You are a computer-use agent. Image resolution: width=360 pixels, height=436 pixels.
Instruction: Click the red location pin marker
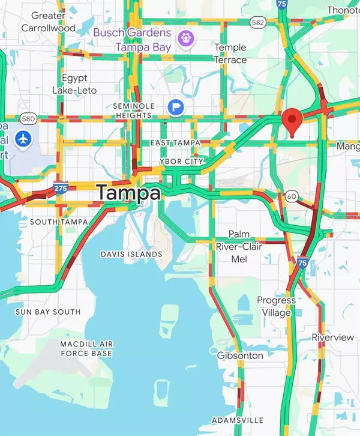pos(292,121)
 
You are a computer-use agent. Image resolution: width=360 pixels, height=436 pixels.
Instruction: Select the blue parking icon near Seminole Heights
pos(176,107)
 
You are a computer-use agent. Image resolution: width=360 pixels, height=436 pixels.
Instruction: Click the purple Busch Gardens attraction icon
pos(186,39)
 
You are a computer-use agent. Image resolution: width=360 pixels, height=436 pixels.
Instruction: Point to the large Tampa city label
pos(129,193)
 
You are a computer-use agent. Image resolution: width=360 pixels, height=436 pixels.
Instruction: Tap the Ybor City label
pos(182,162)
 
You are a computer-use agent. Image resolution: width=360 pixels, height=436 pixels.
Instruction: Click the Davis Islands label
pos(131,254)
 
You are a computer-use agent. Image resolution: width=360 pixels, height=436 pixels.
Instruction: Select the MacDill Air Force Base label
pos(86,348)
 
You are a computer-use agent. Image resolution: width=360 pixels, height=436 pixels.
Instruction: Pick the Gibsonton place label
pos(239,356)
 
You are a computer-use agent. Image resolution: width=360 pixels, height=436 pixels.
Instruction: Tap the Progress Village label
pos(276,306)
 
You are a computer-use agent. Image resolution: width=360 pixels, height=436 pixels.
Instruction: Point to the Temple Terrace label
pos(230,53)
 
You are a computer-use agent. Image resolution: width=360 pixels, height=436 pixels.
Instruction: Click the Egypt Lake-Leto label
pos(75,84)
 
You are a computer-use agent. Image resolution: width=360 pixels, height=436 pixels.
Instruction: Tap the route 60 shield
pos(292,196)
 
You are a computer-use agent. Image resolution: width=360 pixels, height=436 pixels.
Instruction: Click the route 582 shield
pos(258,22)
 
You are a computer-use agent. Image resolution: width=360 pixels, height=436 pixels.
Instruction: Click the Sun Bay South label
pos(48,312)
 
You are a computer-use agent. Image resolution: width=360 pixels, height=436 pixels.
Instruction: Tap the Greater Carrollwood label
pos(48,22)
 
